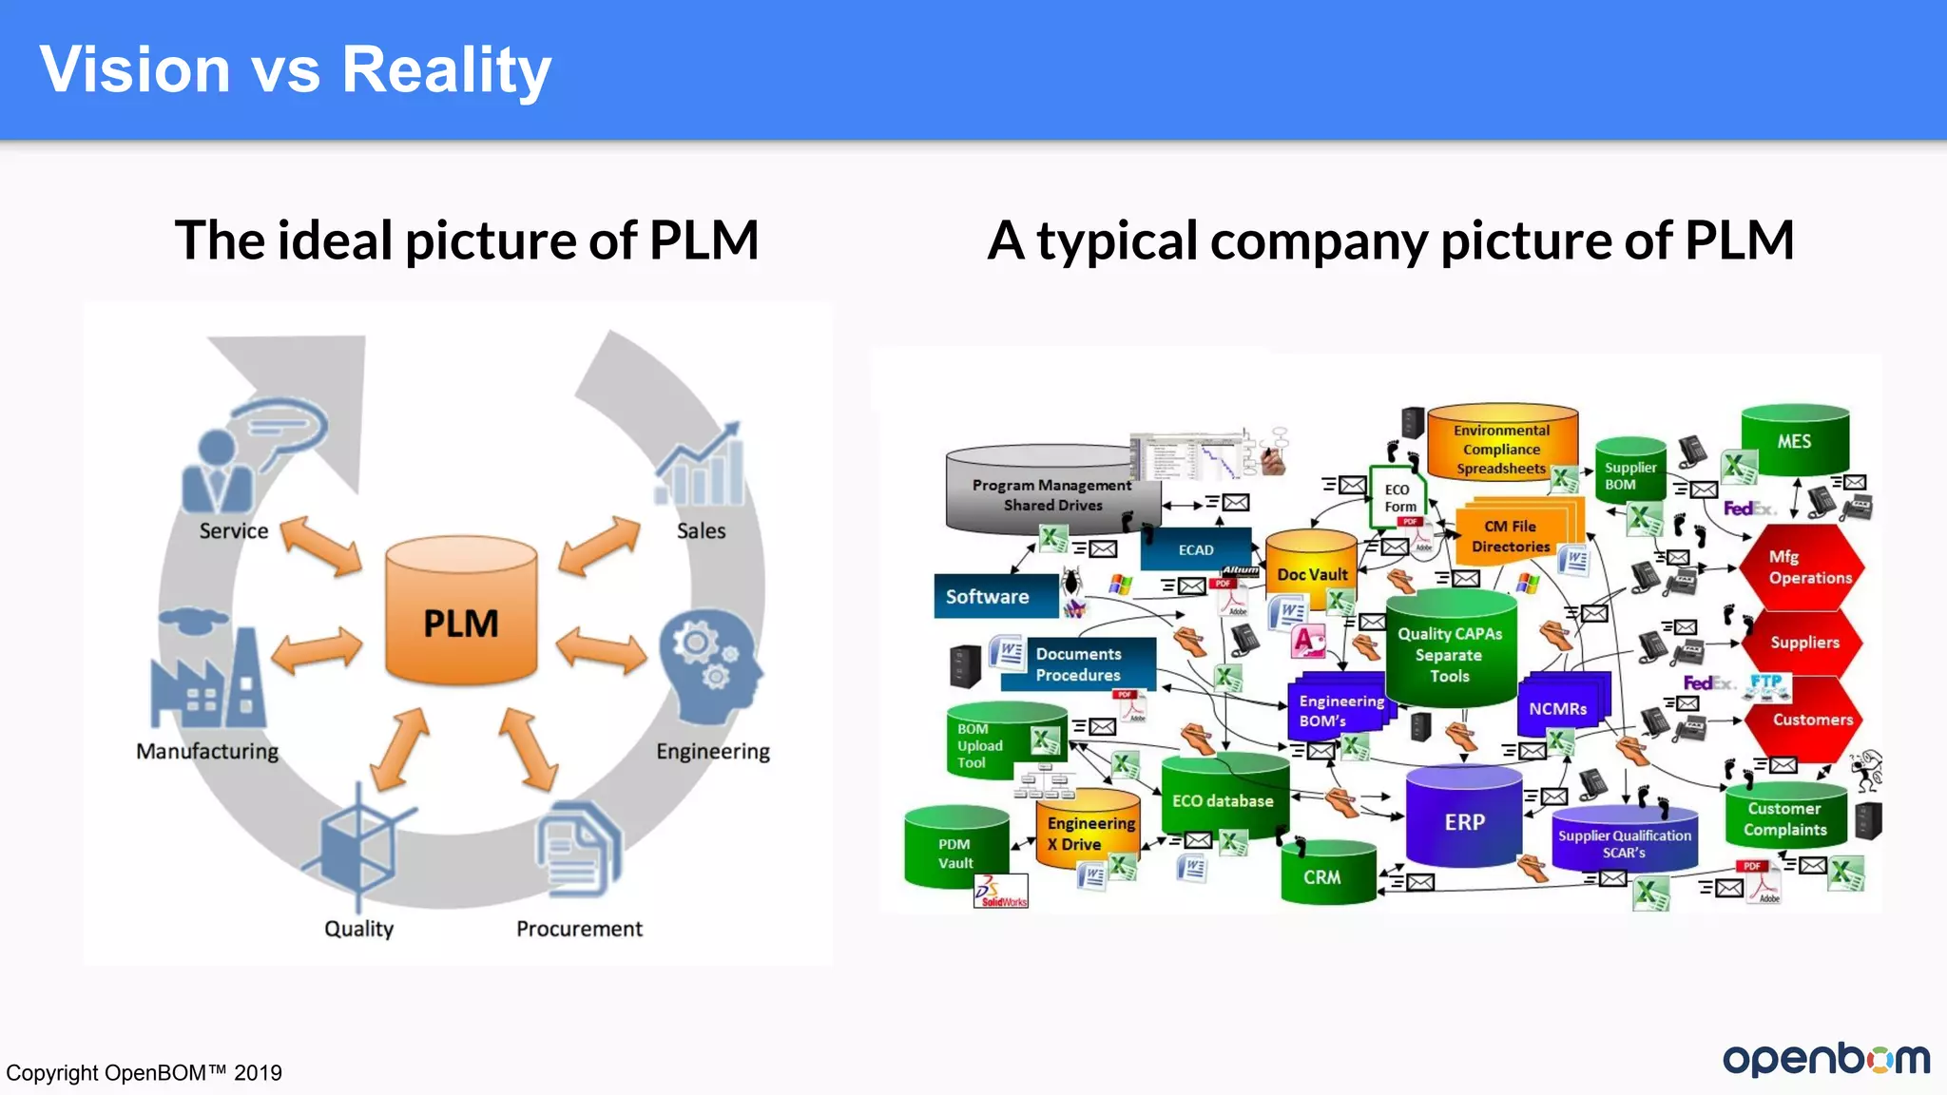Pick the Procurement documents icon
click(578, 848)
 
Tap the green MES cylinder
click(1795, 440)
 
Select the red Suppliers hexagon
click(1803, 643)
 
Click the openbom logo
click(1825, 1059)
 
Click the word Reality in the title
click(446, 70)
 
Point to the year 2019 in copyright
click(258, 1073)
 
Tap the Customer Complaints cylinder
click(1785, 817)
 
